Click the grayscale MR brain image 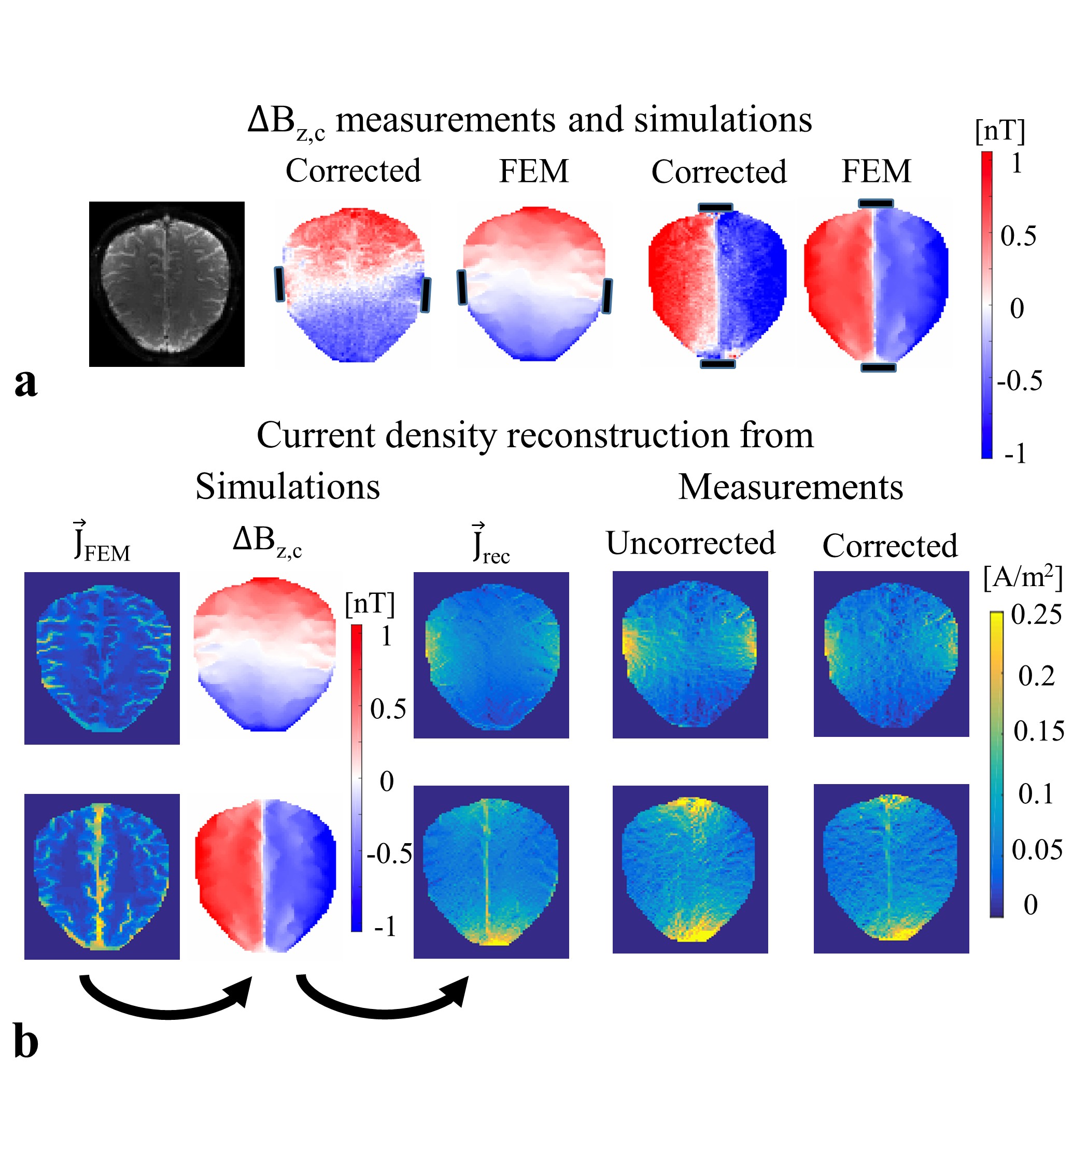point(166,284)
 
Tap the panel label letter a point(25,382)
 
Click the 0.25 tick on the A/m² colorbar point(1036,615)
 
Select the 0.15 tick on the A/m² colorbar point(1038,731)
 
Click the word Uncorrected point(690,543)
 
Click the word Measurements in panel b point(790,487)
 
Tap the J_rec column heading point(491,544)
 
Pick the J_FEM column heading point(102,543)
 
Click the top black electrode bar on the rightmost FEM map point(876,203)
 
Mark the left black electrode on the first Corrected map point(280,284)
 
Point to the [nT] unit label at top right point(1000,131)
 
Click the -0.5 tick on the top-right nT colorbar point(1019,381)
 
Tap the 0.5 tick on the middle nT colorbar point(388,709)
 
